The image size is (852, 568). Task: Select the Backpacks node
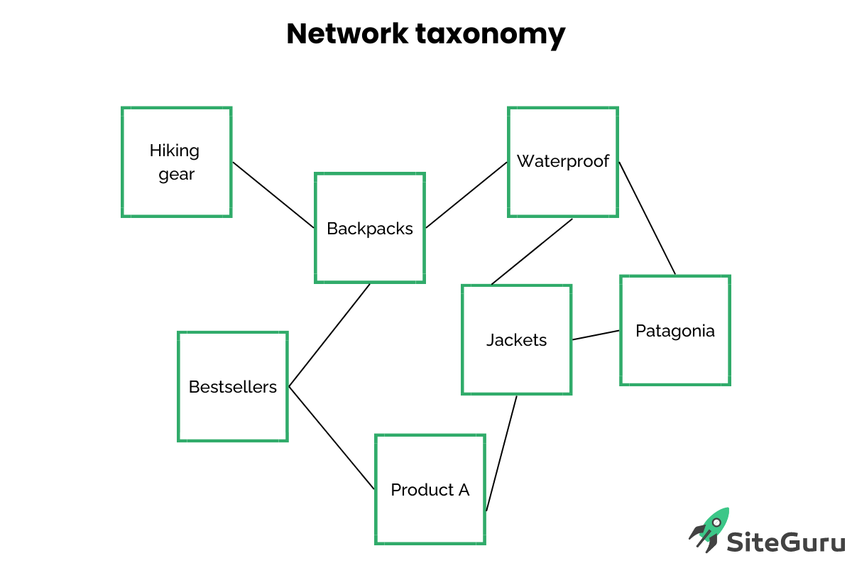pyautogui.click(x=369, y=228)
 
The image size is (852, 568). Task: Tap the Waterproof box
pyautogui.click(x=562, y=162)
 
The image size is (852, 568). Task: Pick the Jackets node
pyautogui.click(x=516, y=340)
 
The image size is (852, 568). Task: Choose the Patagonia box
pyautogui.click(x=674, y=331)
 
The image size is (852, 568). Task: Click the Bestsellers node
pyautogui.click(x=232, y=387)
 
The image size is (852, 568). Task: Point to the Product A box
pyautogui.click(x=430, y=490)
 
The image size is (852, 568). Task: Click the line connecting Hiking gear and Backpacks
pyautogui.click(x=273, y=195)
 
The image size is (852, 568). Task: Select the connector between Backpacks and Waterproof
pyautogui.click(x=466, y=195)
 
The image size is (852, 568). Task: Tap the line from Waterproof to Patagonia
pyautogui.click(x=647, y=218)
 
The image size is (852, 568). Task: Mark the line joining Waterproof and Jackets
pyautogui.click(x=532, y=251)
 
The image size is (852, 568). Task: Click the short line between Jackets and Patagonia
pyautogui.click(x=596, y=335)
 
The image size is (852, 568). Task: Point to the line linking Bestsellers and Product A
pyautogui.click(x=332, y=438)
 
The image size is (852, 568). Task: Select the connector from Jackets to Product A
pyautogui.click(x=501, y=453)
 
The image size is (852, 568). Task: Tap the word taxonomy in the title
pyautogui.click(x=490, y=34)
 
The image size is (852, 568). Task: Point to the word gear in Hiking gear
pyautogui.click(x=176, y=175)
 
